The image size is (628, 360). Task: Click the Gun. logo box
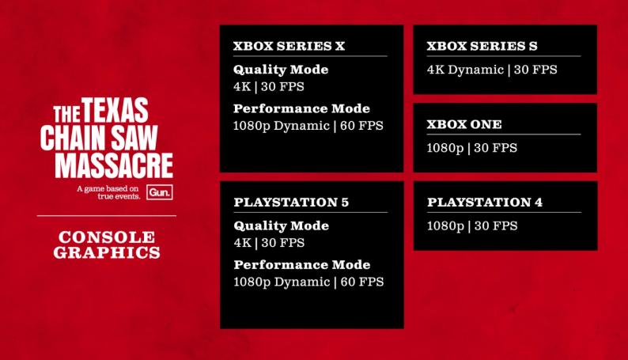[160, 192]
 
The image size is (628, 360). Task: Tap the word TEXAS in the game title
[115, 110]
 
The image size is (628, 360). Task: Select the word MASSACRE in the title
[114, 165]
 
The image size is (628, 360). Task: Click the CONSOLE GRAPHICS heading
[107, 244]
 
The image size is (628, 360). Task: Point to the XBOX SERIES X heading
[289, 46]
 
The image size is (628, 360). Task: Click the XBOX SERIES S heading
[482, 46]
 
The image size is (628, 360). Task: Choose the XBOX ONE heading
[464, 124]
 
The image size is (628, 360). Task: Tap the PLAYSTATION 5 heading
[291, 203]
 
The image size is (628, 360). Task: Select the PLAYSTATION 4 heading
[485, 203]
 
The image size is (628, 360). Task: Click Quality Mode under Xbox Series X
[281, 70]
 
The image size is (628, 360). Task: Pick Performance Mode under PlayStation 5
[302, 265]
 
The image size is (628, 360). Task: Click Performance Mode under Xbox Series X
[301, 108]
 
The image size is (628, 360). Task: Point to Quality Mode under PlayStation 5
[281, 225]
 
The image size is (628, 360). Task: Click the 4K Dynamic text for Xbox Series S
[465, 70]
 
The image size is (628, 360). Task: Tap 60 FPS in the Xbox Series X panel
[361, 126]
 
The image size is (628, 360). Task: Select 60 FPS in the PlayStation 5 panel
[362, 282]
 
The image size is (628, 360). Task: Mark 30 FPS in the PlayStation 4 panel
[496, 225]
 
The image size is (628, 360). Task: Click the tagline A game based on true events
[108, 192]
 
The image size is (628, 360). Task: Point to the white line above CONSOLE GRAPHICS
[107, 215]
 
